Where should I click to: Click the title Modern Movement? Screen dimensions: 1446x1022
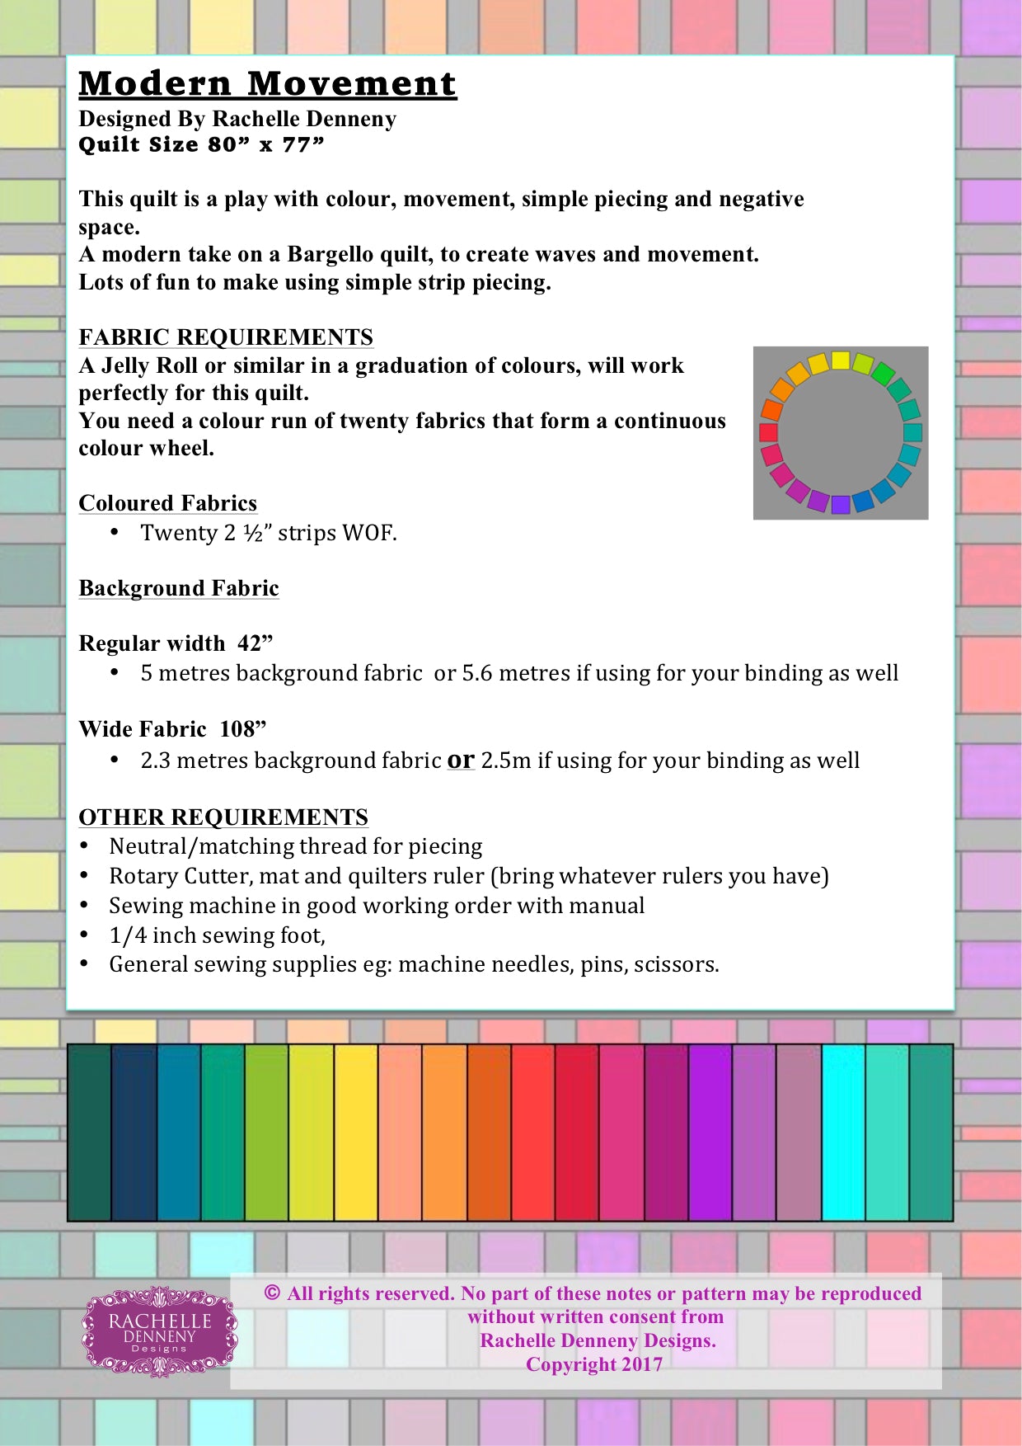(267, 84)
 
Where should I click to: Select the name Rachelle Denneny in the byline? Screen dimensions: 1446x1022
(304, 120)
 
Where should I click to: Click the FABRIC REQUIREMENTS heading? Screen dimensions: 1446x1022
(226, 337)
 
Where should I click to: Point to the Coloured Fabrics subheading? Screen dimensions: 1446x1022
(167, 503)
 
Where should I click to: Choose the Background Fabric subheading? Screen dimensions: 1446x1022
(178, 588)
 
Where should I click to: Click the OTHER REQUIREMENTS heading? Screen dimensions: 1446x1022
(223, 817)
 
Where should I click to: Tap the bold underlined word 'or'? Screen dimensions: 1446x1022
(461, 760)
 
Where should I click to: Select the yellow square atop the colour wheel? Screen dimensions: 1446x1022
(840, 360)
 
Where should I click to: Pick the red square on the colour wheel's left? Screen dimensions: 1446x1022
(768, 432)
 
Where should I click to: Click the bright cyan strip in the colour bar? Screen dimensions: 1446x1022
(843, 1132)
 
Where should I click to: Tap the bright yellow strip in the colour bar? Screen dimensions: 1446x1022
(356, 1132)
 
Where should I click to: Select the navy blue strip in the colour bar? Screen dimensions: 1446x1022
(134, 1132)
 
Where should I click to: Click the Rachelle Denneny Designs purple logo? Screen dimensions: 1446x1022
(160, 1331)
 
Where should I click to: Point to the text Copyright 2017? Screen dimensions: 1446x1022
(593, 1364)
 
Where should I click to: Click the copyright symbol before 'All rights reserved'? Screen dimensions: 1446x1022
(272, 1293)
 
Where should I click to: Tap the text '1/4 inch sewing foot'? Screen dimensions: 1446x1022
(216, 935)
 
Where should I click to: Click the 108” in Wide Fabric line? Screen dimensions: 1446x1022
(243, 729)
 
